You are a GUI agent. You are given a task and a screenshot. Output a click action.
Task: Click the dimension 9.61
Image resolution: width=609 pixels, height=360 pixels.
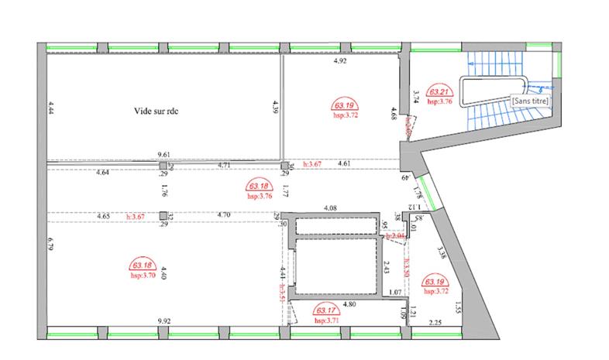point(163,155)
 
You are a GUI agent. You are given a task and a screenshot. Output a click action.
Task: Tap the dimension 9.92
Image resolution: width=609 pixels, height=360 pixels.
point(163,320)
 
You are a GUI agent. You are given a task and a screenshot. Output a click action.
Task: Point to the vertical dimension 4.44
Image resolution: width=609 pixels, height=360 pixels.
point(50,108)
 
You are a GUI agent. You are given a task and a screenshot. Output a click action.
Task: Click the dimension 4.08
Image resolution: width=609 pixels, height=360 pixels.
point(329,207)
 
